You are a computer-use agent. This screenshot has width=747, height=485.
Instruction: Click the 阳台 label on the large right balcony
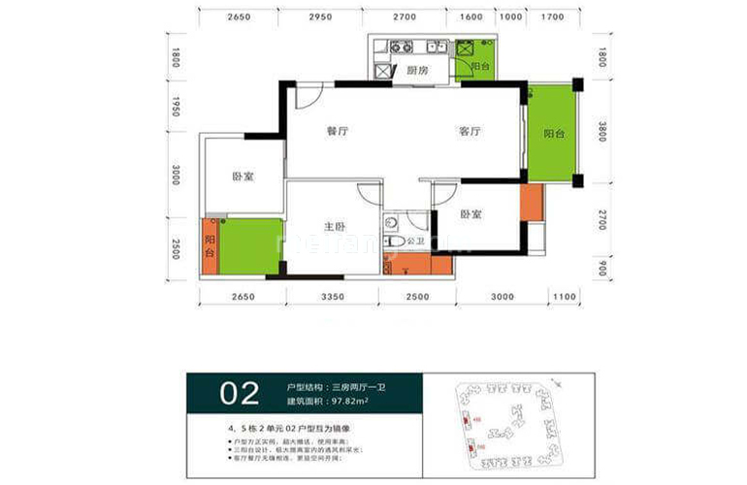554,134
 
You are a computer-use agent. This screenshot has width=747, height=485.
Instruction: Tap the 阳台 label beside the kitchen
480,66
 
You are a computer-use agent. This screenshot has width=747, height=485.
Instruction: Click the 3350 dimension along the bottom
334,297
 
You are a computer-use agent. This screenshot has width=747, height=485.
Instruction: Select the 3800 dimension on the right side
601,132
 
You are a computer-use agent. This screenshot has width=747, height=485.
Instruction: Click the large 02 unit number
240,393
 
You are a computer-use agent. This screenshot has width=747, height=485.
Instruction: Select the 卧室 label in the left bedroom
243,178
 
